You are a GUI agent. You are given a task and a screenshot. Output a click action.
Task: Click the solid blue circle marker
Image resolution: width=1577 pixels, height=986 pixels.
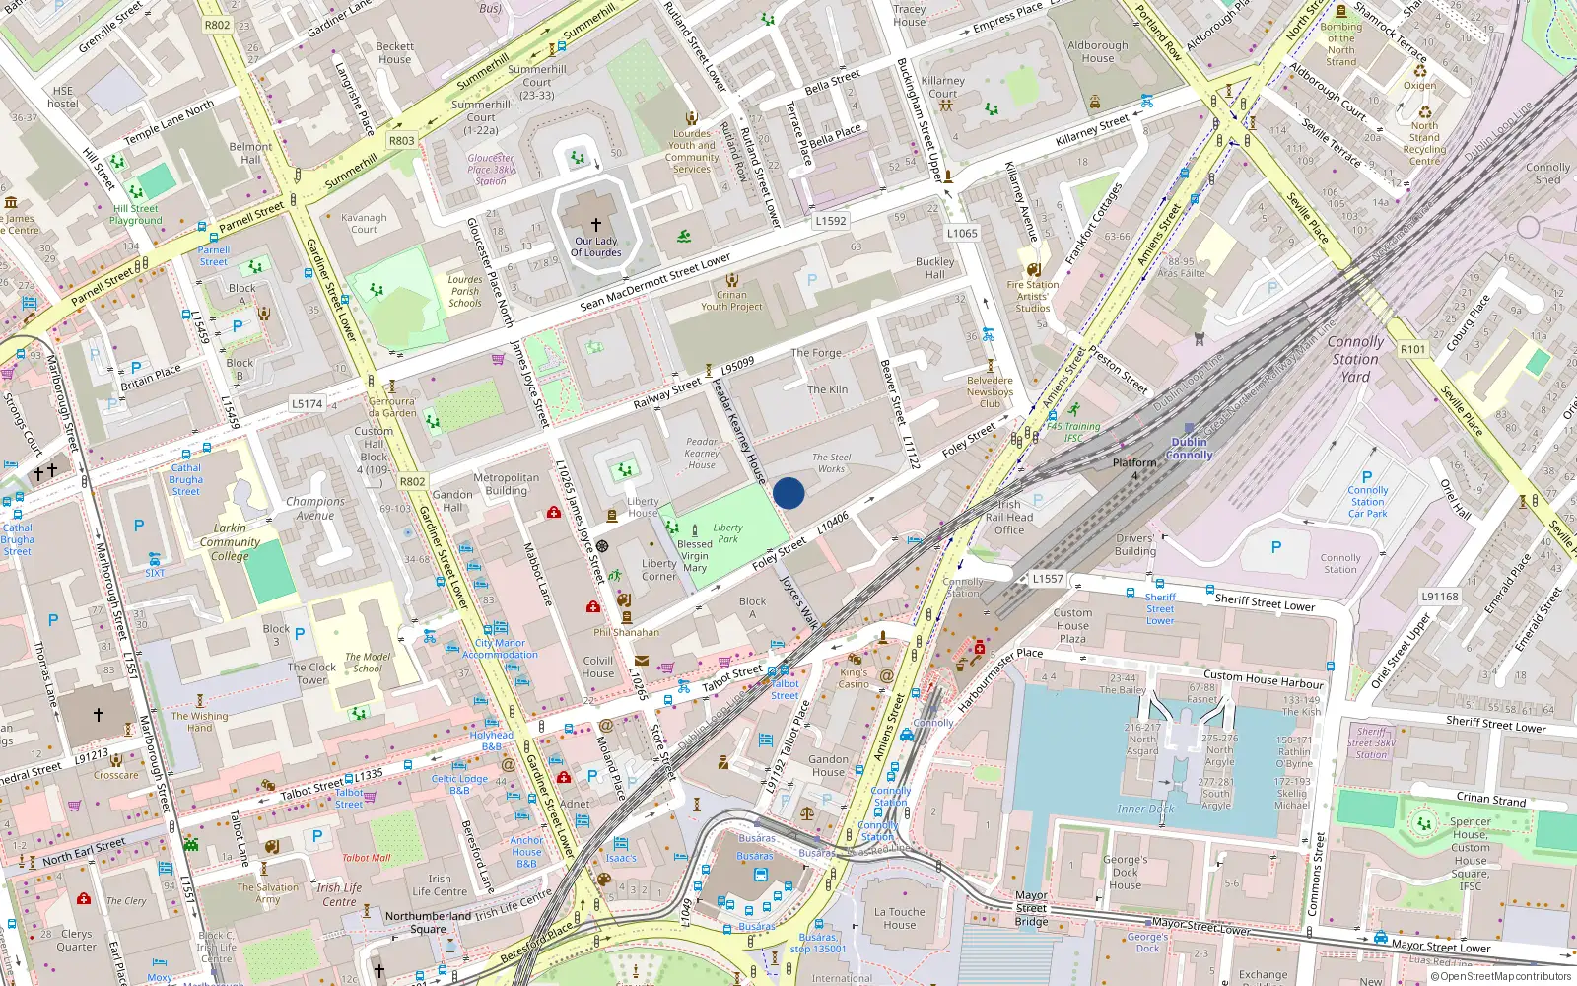(788, 493)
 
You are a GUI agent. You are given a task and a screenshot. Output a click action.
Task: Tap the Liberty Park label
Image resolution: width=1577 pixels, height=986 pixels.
(727, 533)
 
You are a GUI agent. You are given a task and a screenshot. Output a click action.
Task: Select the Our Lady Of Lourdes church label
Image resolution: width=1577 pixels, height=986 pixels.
(596, 246)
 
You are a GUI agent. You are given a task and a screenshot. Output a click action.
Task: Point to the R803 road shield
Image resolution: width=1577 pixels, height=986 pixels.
(401, 141)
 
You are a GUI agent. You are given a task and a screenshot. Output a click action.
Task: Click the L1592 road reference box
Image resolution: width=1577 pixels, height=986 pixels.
(830, 221)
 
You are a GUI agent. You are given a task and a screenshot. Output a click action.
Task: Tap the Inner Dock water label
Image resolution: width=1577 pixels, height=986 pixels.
(1145, 809)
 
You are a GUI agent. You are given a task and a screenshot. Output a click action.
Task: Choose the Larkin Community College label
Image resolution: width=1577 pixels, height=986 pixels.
(230, 541)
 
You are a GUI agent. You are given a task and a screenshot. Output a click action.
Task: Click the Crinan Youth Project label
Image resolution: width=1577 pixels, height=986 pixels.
(731, 301)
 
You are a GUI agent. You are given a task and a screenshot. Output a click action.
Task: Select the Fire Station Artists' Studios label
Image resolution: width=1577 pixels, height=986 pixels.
(1033, 296)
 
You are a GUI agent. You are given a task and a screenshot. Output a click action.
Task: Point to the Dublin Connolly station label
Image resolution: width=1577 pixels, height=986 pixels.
(1190, 449)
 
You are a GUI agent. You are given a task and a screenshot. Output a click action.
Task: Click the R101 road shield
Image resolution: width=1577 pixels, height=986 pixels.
(1412, 349)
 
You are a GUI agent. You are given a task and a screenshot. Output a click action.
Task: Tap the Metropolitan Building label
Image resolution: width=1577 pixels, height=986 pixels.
(507, 484)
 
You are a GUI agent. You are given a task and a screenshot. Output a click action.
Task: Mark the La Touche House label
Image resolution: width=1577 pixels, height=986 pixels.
(899, 918)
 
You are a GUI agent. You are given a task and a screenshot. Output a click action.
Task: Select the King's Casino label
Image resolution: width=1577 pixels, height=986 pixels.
(854, 678)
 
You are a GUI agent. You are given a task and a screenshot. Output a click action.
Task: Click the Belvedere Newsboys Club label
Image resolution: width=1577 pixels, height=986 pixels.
(990, 391)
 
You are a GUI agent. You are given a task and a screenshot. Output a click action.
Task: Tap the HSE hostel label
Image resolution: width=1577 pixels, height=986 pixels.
(62, 97)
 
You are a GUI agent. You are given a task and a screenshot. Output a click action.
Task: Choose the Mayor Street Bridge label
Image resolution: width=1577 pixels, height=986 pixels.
(1031, 908)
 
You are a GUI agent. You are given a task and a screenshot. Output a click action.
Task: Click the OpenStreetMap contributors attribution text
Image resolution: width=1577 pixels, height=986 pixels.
(1505, 976)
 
